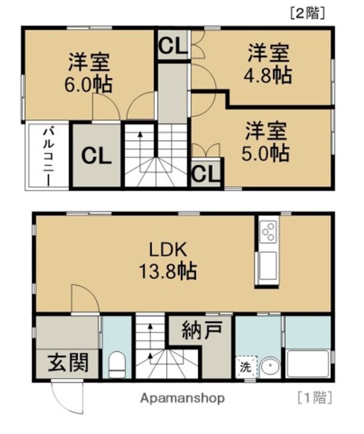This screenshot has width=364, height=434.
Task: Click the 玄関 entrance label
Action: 68,363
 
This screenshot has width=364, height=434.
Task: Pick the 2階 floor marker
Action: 307,13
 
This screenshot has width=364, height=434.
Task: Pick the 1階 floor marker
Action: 315,398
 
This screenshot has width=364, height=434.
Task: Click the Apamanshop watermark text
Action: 183,398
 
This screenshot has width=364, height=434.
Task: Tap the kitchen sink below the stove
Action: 267,266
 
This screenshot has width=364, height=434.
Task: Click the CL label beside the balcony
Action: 96,156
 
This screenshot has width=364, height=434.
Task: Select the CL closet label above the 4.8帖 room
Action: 172,45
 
